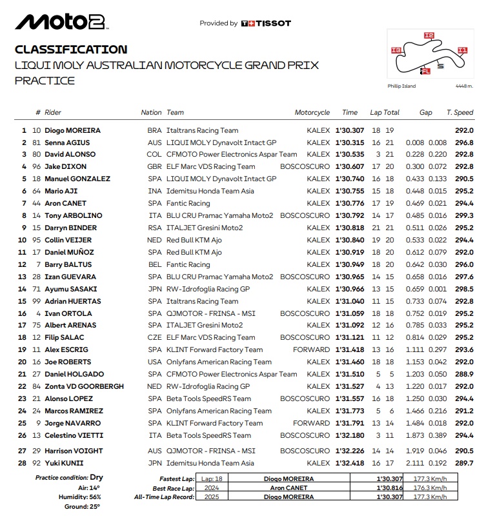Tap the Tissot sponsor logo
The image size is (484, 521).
tap(265, 24)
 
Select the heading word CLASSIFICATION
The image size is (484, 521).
tap(71, 50)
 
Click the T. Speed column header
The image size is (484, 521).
tap(459, 113)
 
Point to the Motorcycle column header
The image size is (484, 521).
tap(312, 113)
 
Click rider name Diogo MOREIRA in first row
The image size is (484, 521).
tap(73, 130)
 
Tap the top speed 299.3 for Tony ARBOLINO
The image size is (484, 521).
tap(465, 216)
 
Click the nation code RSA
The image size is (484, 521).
tap(154, 228)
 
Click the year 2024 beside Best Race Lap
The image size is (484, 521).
tap(210, 488)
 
